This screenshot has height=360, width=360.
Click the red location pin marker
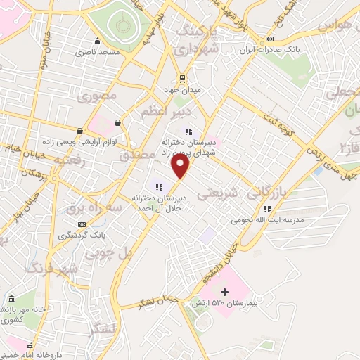pos(181,166)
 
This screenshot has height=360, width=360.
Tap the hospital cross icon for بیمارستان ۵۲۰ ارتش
pos(224,292)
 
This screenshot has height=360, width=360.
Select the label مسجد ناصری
pos(99,52)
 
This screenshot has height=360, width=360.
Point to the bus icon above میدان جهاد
pos(182,78)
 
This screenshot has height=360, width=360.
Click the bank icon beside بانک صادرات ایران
pos(270,39)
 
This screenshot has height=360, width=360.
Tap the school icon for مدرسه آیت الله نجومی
pos(267,209)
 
